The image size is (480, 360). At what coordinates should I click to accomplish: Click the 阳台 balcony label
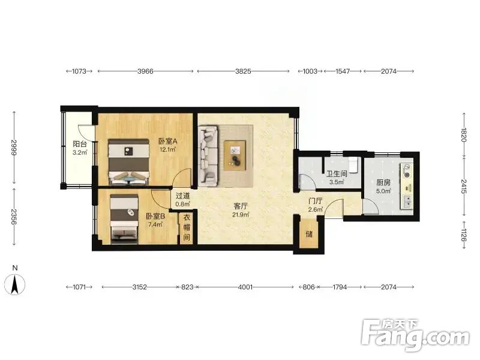(x=80, y=143)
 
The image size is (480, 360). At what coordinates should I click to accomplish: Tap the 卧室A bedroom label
(x=168, y=141)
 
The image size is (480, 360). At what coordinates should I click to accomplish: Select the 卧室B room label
(x=155, y=216)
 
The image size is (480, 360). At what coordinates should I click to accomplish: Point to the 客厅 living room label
(x=241, y=206)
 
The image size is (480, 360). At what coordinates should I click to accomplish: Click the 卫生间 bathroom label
(x=337, y=174)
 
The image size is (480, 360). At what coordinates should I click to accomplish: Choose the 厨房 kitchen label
(x=383, y=183)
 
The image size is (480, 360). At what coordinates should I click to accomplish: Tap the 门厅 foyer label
(x=316, y=201)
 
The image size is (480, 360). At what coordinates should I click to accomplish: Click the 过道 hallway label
(x=183, y=196)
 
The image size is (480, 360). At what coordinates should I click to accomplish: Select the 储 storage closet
(x=309, y=234)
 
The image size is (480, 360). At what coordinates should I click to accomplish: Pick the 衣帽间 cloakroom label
(x=187, y=227)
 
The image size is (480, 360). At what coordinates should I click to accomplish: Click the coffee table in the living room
(x=235, y=155)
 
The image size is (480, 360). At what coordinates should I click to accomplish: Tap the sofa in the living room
(x=208, y=156)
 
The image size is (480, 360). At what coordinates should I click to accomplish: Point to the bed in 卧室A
(x=129, y=162)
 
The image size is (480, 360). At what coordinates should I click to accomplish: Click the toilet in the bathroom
(x=353, y=164)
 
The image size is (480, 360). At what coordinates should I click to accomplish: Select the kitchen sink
(x=407, y=202)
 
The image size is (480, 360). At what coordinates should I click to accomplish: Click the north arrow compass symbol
(x=15, y=284)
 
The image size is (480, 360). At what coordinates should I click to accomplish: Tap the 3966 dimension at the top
(x=145, y=71)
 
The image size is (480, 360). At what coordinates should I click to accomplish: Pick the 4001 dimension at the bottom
(x=245, y=287)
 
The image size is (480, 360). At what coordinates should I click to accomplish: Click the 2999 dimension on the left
(x=14, y=148)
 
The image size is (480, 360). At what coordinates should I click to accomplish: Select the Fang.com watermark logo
(x=415, y=335)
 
